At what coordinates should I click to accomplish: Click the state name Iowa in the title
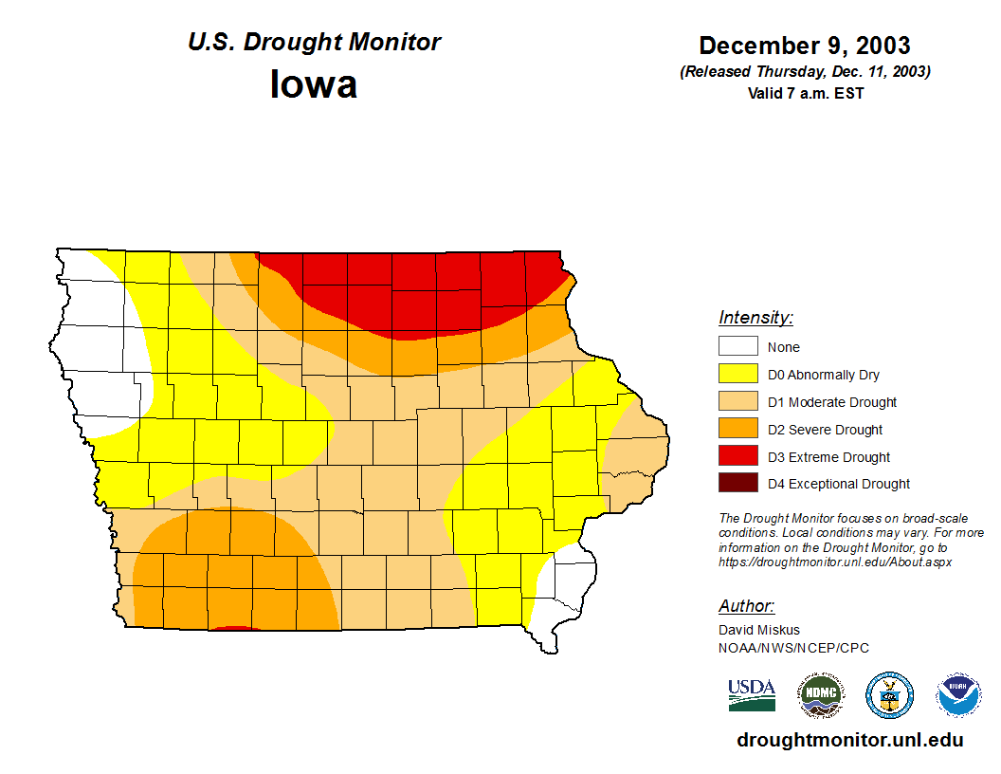(x=314, y=84)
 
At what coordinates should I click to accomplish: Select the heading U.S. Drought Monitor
(x=314, y=42)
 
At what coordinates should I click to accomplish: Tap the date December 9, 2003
(x=805, y=46)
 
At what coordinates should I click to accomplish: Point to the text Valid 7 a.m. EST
(x=805, y=93)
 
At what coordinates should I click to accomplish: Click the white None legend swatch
(x=737, y=347)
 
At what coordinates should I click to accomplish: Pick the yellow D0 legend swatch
(x=737, y=375)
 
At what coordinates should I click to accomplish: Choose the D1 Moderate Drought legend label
(x=832, y=402)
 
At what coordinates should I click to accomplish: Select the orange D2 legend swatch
(x=737, y=430)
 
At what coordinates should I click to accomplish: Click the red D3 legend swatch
(x=737, y=457)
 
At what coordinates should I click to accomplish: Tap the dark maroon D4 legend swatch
(x=737, y=484)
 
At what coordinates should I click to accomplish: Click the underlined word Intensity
(x=755, y=318)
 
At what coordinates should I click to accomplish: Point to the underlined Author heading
(x=746, y=606)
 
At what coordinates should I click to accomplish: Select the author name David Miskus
(x=758, y=630)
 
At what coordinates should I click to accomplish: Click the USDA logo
(x=752, y=694)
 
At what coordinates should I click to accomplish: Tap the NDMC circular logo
(x=820, y=695)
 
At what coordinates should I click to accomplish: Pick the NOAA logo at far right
(x=958, y=695)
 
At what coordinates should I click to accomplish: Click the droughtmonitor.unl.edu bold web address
(x=849, y=741)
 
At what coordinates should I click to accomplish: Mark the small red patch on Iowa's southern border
(x=233, y=628)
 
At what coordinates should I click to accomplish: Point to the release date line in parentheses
(x=805, y=72)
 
